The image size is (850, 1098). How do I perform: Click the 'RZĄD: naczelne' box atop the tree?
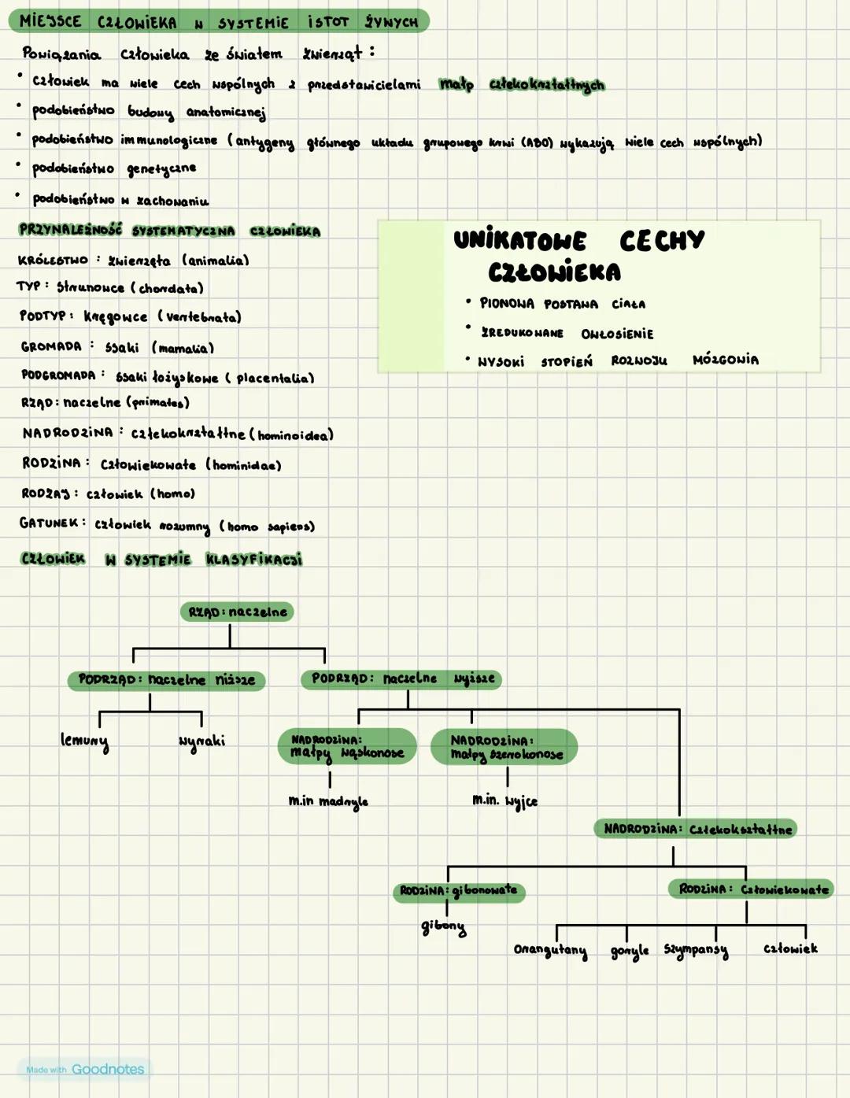coord(237,612)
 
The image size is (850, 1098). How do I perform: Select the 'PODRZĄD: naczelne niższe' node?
coord(166,680)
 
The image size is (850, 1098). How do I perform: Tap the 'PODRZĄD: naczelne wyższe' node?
coord(401,678)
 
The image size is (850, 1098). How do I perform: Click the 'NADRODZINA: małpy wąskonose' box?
coord(346,746)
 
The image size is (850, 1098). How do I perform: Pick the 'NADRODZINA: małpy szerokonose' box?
coord(504,747)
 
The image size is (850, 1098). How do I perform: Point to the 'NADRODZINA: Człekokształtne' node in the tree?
coord(696,829)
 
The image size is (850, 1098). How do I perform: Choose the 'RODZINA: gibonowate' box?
coord(459,891)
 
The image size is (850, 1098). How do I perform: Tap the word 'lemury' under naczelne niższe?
coord(84,741)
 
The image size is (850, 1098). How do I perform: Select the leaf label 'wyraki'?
coord(201,741)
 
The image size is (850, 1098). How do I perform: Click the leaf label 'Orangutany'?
coord(550,950)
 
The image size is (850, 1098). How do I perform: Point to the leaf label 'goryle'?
coord(630,952)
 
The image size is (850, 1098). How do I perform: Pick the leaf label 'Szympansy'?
coord(696,950)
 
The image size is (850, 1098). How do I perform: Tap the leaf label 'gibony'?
coord(443,927)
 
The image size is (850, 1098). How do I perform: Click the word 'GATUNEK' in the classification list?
coord(50,523)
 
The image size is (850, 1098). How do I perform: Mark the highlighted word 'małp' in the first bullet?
coord(456,83)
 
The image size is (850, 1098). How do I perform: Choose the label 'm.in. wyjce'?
coord(504,800)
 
